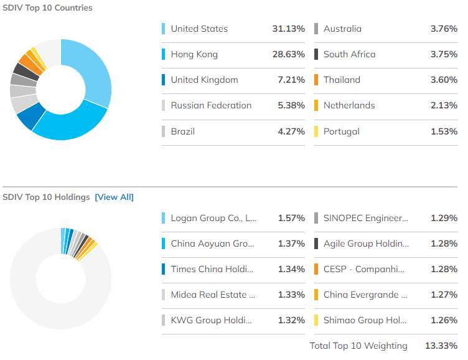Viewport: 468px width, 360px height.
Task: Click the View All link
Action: pos(114,197)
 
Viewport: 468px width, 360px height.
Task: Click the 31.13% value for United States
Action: pos(289,29)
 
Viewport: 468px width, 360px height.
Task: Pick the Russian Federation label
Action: pos(211,105)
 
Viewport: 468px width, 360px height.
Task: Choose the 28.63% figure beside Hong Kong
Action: pos(289,54)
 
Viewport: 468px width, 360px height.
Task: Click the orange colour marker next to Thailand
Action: pos(317,80)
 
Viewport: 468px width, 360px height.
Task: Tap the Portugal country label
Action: pos(341,131)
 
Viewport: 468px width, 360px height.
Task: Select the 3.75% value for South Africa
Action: pos(444,54)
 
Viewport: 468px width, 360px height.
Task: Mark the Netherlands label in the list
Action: pos(349,105)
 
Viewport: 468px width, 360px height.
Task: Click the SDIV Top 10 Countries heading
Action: pos(47,8)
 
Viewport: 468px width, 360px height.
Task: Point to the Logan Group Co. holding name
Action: pos(213,218)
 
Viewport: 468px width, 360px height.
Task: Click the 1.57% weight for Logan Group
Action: pos(291,218)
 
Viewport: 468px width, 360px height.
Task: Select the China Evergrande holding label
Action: pos(365,295)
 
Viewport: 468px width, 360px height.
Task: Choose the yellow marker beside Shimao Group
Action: pos(317,320)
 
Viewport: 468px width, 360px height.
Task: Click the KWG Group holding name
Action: pos(212,320)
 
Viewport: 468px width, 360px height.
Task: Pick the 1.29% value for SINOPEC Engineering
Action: pos(444,218)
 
